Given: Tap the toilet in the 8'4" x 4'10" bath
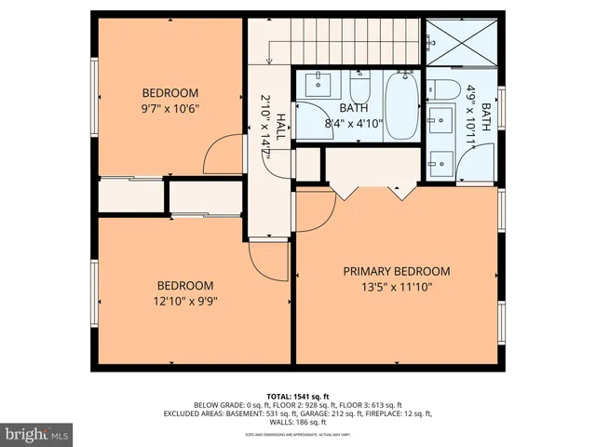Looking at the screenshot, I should click(x=361, y=91).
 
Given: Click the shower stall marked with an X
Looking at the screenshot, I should click(x=462, y=43).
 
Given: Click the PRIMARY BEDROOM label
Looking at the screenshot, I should click(x=396, y=272).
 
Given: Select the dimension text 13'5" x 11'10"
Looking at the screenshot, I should click(x=396, y=287).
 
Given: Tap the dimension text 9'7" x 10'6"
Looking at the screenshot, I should click(x=169, y=108).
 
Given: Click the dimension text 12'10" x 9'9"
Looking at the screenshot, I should click(x=184, y=301).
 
